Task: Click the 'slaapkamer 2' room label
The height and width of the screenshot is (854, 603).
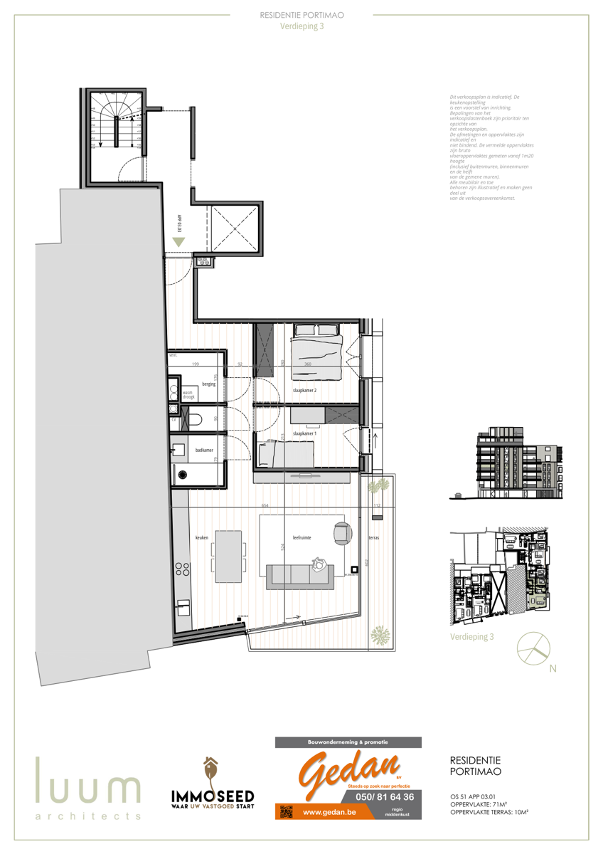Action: [x=304, y=391]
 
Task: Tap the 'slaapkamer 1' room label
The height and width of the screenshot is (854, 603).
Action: [x=304, y=433]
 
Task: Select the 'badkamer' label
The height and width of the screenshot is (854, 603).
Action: [x=205, y=450]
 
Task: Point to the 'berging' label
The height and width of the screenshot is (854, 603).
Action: [x=208, y=384]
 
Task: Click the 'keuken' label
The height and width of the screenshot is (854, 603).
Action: [x=202, y=537]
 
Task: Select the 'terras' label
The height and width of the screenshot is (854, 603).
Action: [x=373, y=537]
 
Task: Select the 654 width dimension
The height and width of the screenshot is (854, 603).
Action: [x=265, y=505]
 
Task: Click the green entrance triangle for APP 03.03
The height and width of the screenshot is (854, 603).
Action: [x=178, y=242]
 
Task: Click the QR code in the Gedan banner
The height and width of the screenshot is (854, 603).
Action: [x=286, y=811]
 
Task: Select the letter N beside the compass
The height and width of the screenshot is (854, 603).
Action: [x=553, y=668]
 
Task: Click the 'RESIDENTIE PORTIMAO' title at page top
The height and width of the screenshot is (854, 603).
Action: [x=301, y=14]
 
